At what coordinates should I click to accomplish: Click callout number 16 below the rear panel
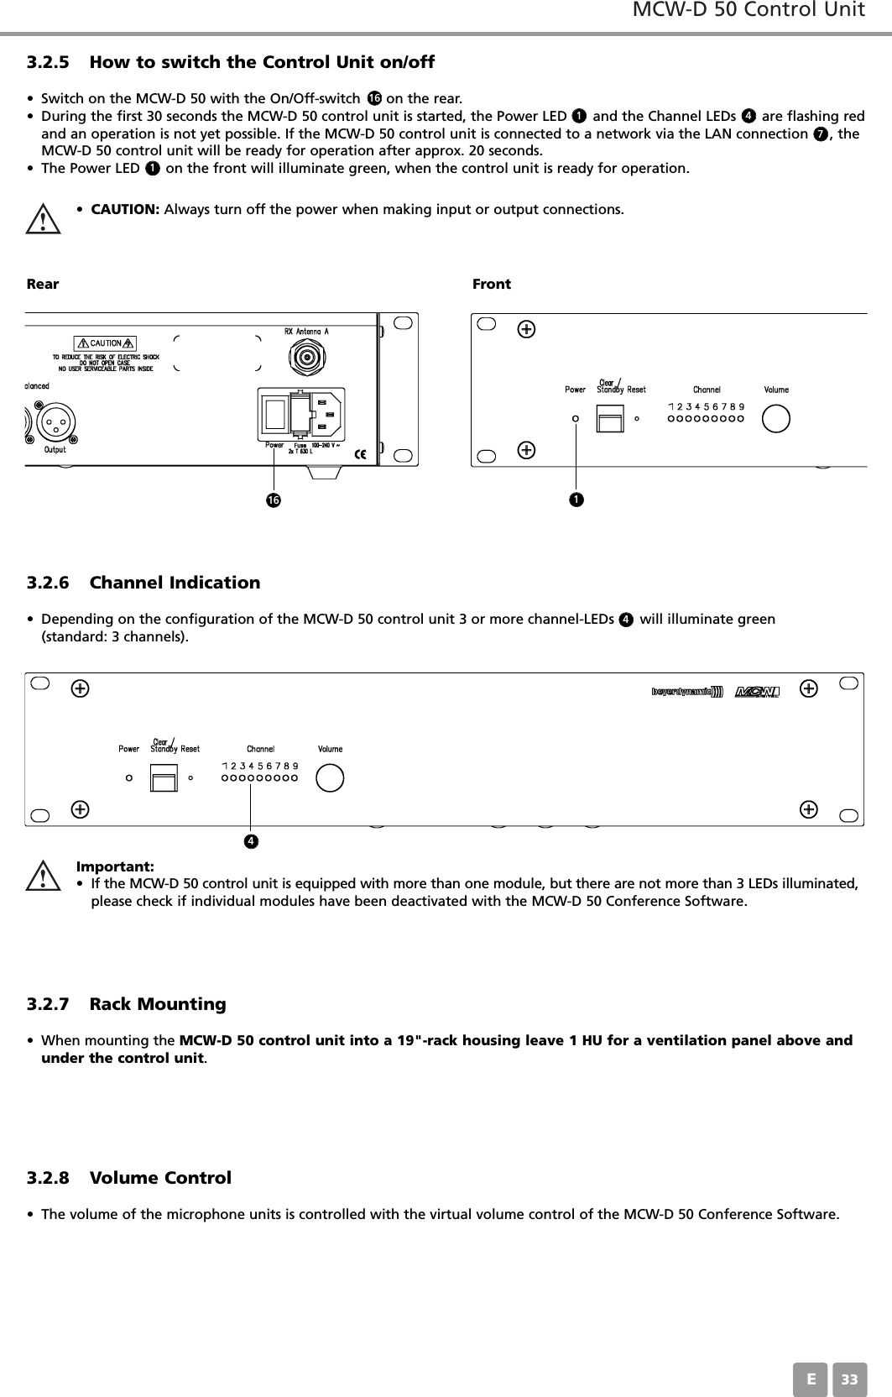273,500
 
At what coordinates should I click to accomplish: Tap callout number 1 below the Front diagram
575,500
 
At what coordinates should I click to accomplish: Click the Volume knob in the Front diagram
776,417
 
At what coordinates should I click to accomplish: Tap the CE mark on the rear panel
361,454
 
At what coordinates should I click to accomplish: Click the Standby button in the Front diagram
610,417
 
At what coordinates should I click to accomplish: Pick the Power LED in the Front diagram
575,417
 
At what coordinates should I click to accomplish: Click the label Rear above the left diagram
43,284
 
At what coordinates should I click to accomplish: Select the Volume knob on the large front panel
330,777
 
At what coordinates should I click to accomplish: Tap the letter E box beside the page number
810,1379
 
